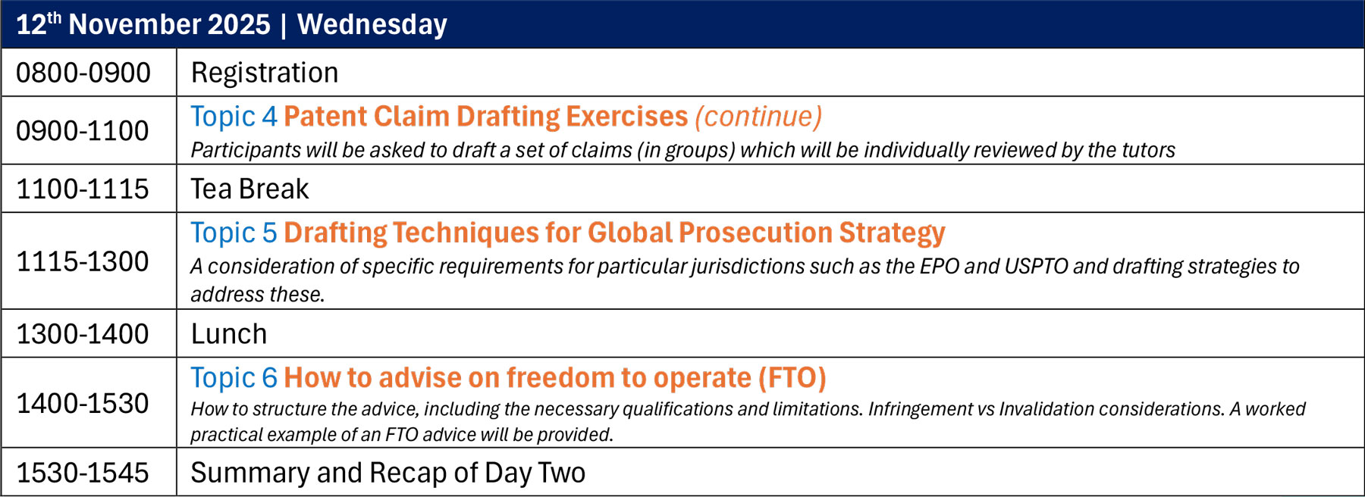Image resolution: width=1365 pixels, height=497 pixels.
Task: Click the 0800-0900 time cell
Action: tap(83, 73)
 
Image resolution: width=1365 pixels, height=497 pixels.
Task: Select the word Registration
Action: tap(265, 73)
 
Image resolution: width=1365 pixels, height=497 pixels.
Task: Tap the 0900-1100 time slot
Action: tap(83, 131)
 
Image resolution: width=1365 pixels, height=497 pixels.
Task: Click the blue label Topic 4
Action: tap(234, 117)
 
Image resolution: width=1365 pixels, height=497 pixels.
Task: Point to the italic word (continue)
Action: tap(758, 117)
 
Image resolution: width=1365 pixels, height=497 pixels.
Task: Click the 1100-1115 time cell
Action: tap(83, 189)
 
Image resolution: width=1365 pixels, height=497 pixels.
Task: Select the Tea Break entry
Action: tap(250, 189)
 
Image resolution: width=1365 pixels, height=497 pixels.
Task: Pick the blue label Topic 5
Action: tap(234, 233)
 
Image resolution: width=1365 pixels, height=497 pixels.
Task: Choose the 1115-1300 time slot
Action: tap(83, 261)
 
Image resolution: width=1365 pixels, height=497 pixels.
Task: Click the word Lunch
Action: tap(229, 334)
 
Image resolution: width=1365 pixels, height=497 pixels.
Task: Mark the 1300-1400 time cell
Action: tap(83, 334)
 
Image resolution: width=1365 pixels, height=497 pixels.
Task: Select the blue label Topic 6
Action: tap(234, 377)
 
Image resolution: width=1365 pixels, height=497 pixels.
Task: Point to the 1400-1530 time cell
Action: tap(83, 404)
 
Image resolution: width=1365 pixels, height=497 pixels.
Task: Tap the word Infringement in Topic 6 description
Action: tap(919, 409)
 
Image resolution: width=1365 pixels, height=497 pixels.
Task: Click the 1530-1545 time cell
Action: tap(83, 473)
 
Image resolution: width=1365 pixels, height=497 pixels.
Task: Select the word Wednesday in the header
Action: tap(372, 25)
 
